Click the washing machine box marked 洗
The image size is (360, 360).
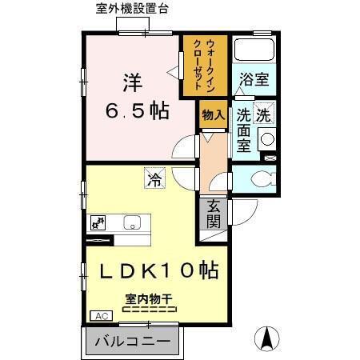pyautogui.click(x=264, y=114)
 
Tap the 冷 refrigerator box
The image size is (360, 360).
pyautogui.click(x=153, y=181)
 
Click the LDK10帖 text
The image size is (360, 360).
pyautogui.click(x=158, y=271)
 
